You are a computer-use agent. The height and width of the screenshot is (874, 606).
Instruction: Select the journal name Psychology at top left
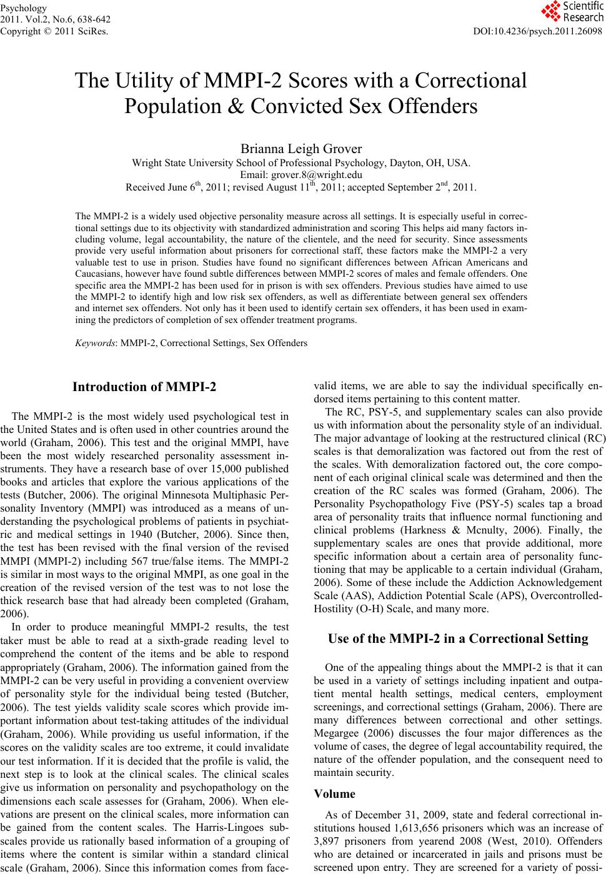[x=23, y=8]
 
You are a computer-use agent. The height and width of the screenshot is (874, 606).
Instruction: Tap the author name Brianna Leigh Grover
[x=301, y=149]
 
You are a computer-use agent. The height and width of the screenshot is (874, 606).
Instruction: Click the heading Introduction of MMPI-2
[x=144, y=387]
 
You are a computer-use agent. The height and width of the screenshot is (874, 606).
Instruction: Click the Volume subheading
[x=335, y=794]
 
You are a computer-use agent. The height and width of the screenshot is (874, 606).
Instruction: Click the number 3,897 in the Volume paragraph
[x=329, y=841]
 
